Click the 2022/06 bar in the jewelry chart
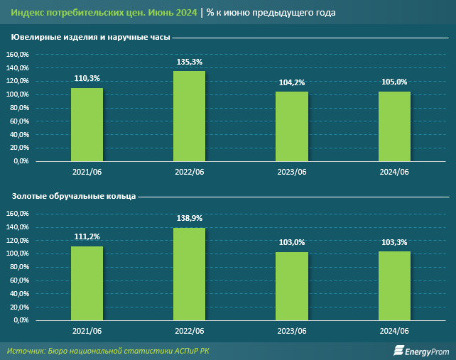tap(190, 116)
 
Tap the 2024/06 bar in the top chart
tap(394, 126)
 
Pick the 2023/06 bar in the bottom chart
tap(292, 285)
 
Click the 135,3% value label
tap(190, 62)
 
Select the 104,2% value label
tap(292, 83)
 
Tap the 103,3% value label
tap(394, 243)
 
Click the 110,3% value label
tap(87, 79)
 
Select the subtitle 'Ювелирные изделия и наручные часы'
tap(89, 37)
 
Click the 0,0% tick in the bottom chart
tap(20, 320)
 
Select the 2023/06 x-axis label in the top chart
tap(292, 172)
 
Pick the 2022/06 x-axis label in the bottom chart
tap(190, 331)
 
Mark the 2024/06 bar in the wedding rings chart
tap(394, 285)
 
